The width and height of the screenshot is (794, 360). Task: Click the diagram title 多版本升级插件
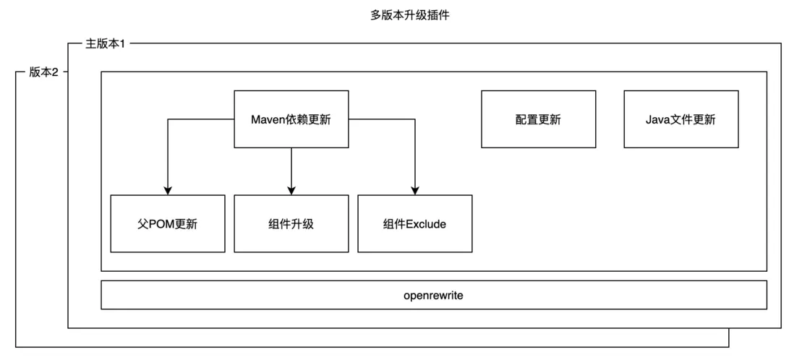(409, 14)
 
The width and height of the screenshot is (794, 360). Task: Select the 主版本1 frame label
(106, 44)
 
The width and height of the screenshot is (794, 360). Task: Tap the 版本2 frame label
(43, 72)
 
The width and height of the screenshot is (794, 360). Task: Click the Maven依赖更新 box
(291, 119)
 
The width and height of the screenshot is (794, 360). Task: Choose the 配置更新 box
(538, 119)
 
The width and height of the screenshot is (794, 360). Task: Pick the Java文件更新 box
(680, 119)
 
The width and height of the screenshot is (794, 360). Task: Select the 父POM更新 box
(167, 223)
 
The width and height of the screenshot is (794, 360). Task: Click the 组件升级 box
(291, 223)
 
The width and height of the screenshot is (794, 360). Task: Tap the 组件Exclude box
(414, 223)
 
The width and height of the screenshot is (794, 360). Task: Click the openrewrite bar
(433, 295)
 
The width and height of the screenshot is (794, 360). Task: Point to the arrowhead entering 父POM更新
(168, 190)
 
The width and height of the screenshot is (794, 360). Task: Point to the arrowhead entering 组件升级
(291, 190)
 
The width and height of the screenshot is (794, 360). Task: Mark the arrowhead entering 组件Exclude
(415, 190)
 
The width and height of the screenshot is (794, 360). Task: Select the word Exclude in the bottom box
(426, 224)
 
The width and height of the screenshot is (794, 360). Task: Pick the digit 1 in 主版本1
(122, 44)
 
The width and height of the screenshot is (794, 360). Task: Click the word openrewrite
(433, 295)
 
